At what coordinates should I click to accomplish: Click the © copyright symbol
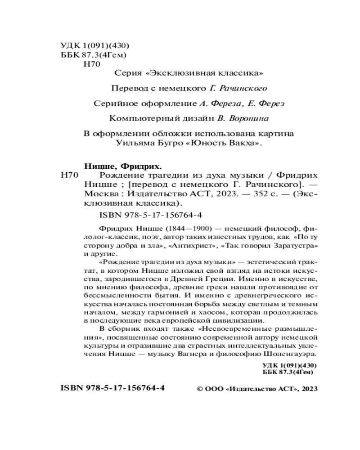click(201, 389)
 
